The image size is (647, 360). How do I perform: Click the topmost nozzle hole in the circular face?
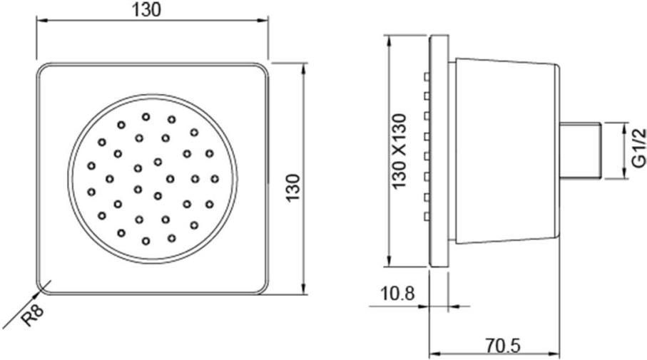(x=146, y=116)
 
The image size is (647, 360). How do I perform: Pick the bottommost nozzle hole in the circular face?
(x=146, y=241)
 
